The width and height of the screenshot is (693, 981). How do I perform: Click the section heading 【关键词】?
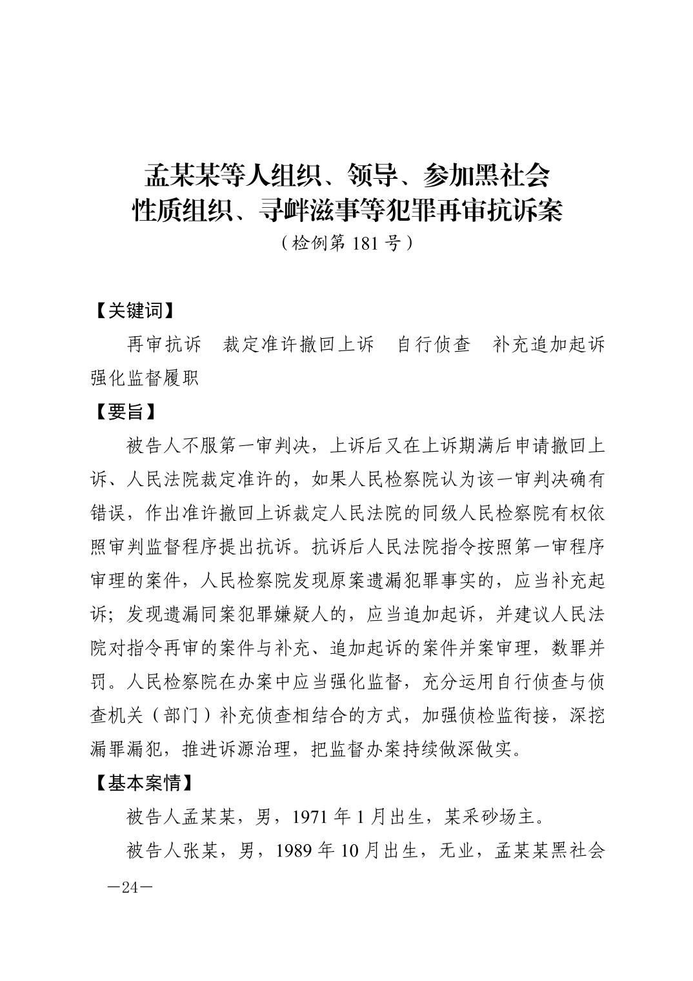[x=132, y=310]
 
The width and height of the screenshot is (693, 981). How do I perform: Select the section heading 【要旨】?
[x=124, y=411]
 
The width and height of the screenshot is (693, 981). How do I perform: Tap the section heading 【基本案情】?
[x=142, y=783]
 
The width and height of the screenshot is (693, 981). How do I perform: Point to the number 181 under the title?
[x=367, y=243]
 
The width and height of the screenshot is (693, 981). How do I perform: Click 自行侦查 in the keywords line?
[x=434, y=344]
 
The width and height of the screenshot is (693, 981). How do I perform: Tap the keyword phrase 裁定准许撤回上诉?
[x=298, y=344]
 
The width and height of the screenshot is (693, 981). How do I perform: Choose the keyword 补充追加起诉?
[x=548, y=344]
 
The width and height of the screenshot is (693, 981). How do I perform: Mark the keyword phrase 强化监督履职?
[x=145, y=378]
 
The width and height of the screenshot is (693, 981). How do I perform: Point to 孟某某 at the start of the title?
[x=182, y=174]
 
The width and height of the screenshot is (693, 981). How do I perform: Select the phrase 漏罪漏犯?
[x=127, y=749]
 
